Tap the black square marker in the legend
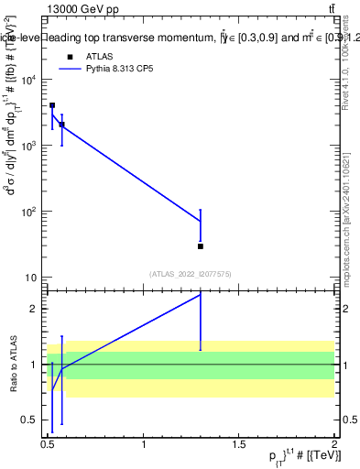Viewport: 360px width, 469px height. click(x=69, y=56)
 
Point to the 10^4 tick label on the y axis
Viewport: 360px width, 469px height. click(x=29, y=80)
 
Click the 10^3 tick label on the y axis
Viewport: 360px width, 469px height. click(x=29, y=146)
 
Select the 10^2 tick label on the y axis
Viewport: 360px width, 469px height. click(x=29, y=212)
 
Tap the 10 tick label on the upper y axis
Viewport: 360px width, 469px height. click(x=31, y=278)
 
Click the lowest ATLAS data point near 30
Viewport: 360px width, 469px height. click(x=201, y=246)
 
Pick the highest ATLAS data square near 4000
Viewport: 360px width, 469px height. click(x=52, y=105)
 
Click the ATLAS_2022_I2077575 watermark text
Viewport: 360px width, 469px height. click(x=191, y=273)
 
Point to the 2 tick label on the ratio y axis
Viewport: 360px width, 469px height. click(x=35, y=309)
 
